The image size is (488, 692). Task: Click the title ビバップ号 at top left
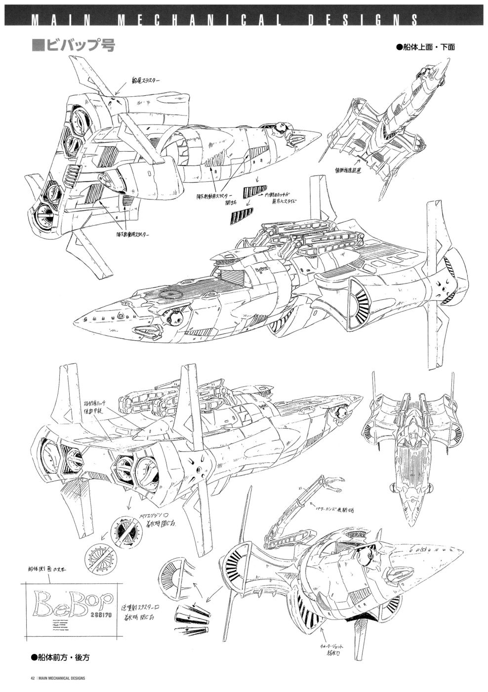pos(79,45)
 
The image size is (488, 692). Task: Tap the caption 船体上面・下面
pos(425,47)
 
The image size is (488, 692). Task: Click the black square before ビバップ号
pos(37,45)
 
